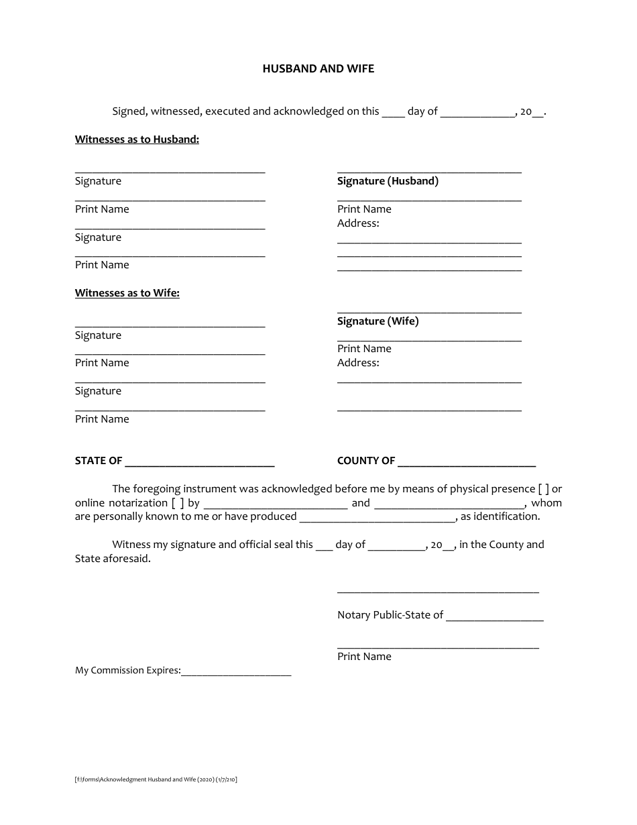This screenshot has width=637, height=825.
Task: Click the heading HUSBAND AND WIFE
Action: pos(318,68)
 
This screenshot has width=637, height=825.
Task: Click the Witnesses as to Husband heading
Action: pos(137,140)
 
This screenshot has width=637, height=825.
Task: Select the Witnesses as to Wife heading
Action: pos(127,292)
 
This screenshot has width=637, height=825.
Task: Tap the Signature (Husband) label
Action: pos(388,181)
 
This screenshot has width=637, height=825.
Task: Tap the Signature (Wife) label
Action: pos(378,321)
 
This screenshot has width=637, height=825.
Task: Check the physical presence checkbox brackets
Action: pos(544,489)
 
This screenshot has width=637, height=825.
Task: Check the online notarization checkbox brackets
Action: pos(178,503)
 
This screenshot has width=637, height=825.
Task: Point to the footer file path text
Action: pos(156,779)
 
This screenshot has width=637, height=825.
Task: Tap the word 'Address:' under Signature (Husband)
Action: pos(358,223)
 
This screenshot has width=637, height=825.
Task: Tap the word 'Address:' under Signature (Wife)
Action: pos(358,363)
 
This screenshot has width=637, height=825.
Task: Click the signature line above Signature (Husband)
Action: pos(429,172)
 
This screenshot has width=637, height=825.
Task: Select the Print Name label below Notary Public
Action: pos(364,657)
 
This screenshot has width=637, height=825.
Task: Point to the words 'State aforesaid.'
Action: pos(113,559)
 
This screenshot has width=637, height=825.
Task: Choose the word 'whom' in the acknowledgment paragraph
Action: pos(546,503)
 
